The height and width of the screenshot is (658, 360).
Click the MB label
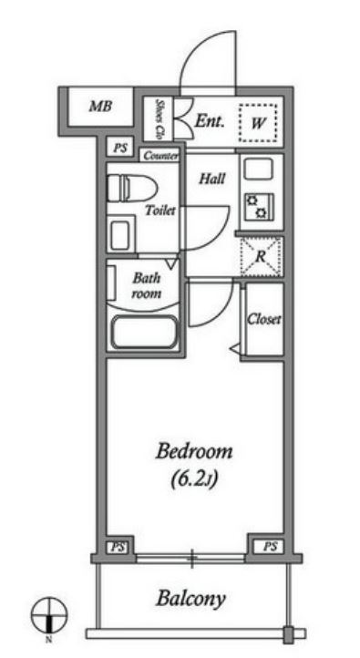click(100, 107)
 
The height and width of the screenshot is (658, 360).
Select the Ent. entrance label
click(210, 122)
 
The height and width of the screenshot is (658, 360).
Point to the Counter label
click(160, 156)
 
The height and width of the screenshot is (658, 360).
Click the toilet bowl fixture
click(132, 189)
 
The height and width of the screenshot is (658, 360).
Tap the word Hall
click(211, 180)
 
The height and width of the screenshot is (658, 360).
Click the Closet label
click(264, 320)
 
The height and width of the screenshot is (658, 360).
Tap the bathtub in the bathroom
click(145, 333)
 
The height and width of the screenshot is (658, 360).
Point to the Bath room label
click(146, 285)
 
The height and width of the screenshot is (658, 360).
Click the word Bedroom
click(194, 452)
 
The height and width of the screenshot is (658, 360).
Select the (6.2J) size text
click(194, 479)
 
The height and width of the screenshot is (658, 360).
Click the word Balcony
click(190, 598)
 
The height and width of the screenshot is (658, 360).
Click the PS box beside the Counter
click(119, 148)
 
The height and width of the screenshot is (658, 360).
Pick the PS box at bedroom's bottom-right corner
click(270, 547)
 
